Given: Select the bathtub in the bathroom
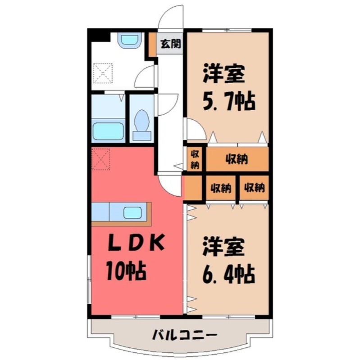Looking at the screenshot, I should click(108, 130).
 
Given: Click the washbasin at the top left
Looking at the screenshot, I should click(130, 40).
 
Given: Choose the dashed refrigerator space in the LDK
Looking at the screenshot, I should click(101, 159).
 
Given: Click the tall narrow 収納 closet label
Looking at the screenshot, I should click(195, 159).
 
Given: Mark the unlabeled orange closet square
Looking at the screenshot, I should click(193, 188).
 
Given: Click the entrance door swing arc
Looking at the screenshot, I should click(173, 17).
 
